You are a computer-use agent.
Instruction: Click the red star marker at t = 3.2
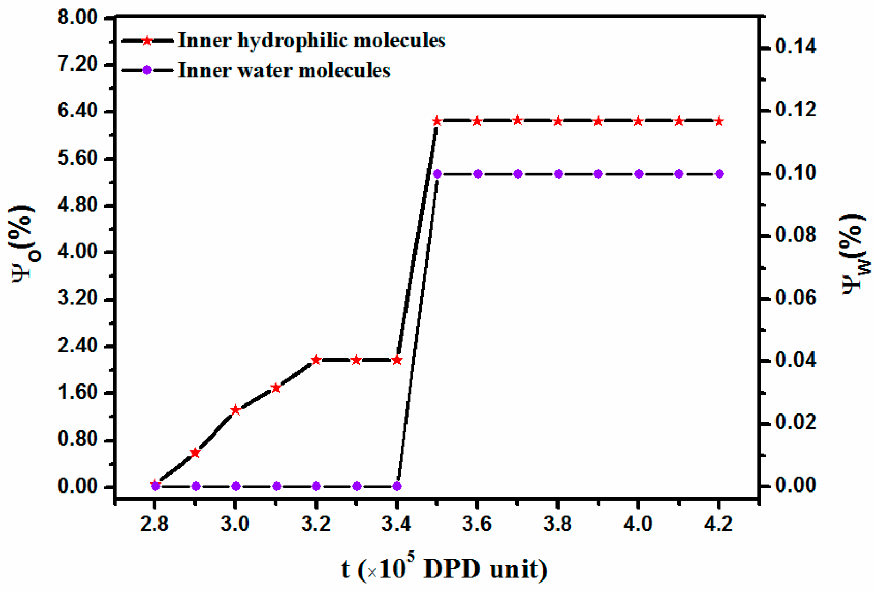tap(316, 360)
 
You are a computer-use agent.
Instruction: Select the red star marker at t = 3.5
tap(437, 121)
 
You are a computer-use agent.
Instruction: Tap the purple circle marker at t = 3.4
tap(397, 486)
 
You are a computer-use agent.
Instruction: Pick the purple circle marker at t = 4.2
tap(720, 174)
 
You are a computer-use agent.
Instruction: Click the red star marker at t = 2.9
tap(195, 453)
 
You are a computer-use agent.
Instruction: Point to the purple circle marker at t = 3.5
tap(437, 174)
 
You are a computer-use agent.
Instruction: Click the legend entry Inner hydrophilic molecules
tap(311, 41)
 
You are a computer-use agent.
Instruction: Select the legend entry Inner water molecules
tap(284, 71)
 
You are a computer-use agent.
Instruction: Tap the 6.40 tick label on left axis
tap(78, 111)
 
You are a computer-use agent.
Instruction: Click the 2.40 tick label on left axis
tap(78, 346)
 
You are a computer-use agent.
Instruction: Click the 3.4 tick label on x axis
tap(396, 524)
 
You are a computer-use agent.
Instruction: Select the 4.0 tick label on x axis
tap(638, 524)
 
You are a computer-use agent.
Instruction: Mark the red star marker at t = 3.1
tap(275, 388)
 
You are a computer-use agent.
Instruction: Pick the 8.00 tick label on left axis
tap(78, 17)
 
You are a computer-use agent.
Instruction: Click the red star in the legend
tap(147, 41)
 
